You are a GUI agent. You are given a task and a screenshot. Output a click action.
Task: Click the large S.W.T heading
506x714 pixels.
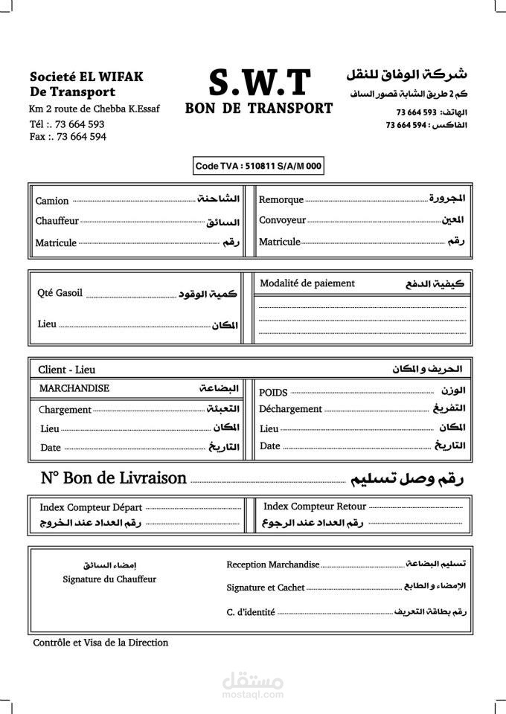tap(259, 82)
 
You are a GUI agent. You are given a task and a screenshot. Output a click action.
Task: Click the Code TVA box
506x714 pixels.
tap(258, 167)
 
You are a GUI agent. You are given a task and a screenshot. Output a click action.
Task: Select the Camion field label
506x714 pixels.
tap(52, 201)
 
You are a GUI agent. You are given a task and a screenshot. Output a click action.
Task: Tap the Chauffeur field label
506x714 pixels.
tap(57, 222)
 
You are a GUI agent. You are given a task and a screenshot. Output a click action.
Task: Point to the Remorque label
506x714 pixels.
tap(281, 200)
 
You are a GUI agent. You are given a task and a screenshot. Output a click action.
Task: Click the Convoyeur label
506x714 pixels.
tap(282, 220)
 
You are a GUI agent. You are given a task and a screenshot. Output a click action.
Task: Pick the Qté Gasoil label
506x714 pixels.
tap(60, 293)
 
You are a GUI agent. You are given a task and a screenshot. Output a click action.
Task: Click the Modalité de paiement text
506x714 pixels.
tap(307, 283)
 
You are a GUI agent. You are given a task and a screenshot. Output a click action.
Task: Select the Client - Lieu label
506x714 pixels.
tap(67, 370)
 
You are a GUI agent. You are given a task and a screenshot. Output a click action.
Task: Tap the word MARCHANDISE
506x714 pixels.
tap(74, 388)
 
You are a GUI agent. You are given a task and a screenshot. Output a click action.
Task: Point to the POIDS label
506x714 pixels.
tap(273, 392)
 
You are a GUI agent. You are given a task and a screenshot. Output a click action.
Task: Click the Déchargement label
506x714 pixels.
tap(290, 409)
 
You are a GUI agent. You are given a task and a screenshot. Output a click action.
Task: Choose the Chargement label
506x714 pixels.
tap(65, 410)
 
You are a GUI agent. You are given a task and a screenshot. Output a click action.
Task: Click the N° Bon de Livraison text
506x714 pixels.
tap(113, 478)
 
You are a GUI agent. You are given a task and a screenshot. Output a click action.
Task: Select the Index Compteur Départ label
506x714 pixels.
tap(91, 507)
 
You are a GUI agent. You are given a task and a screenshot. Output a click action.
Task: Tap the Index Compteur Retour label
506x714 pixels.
tap(315, 506)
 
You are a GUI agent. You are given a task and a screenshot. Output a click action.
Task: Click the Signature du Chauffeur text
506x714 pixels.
tap(109, 579)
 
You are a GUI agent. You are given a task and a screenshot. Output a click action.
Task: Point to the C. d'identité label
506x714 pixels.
tap(251, 612)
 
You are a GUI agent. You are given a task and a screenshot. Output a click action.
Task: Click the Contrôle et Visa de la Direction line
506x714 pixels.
tap(100, 643)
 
